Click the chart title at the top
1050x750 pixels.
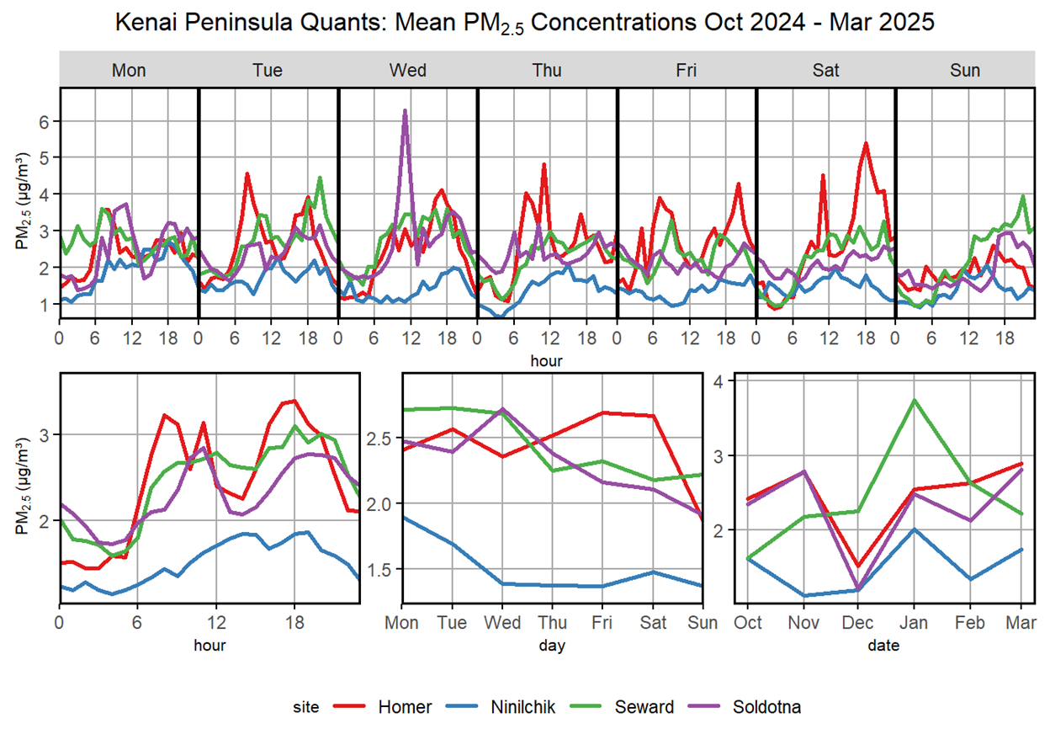pos(525,22)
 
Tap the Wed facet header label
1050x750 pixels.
pos(407,71)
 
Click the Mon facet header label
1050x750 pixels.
pos(129,71)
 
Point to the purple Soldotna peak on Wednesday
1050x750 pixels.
pos(406,111)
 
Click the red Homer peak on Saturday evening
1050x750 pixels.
pos(865,144)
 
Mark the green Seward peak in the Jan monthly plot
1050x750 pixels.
pos(913,400)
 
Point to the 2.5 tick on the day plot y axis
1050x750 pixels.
pos(382,439)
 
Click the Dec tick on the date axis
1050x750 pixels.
pos(857,623)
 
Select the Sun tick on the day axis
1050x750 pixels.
pos(702,623)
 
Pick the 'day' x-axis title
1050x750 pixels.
pos(552,646)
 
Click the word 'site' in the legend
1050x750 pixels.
pos(308,707)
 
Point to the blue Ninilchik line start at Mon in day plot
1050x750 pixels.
pos(403,517)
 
